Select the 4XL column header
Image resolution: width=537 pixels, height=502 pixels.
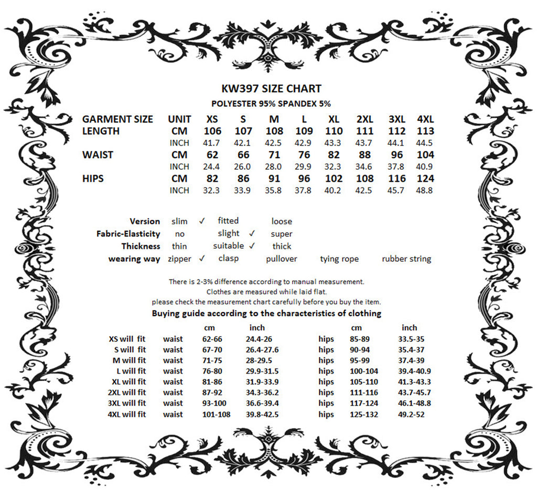tap(425, 119)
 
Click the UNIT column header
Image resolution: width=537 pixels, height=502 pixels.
tap(179, 119)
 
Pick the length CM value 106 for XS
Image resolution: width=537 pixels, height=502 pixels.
tap(212, 131)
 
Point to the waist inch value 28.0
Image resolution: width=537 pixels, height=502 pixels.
tap(273, 166)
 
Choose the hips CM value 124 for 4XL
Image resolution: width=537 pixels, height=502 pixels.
tap(425, 179)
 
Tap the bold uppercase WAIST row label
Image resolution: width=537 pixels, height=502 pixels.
tap(98, 155)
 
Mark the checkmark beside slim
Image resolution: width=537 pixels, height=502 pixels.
tap(202, 220)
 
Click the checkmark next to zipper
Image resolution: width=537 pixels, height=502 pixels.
tap(202, 258)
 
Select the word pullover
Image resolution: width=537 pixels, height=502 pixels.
tap(282, 259)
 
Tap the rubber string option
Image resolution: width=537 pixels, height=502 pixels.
tap(406, 259)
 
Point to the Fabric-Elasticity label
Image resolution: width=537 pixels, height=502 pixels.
tap(128, 234)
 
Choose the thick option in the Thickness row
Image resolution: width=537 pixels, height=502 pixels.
tap(282, 246)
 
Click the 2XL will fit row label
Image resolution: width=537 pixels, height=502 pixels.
tap(126, 393)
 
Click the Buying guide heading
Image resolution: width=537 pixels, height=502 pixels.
tap(266, 314)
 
